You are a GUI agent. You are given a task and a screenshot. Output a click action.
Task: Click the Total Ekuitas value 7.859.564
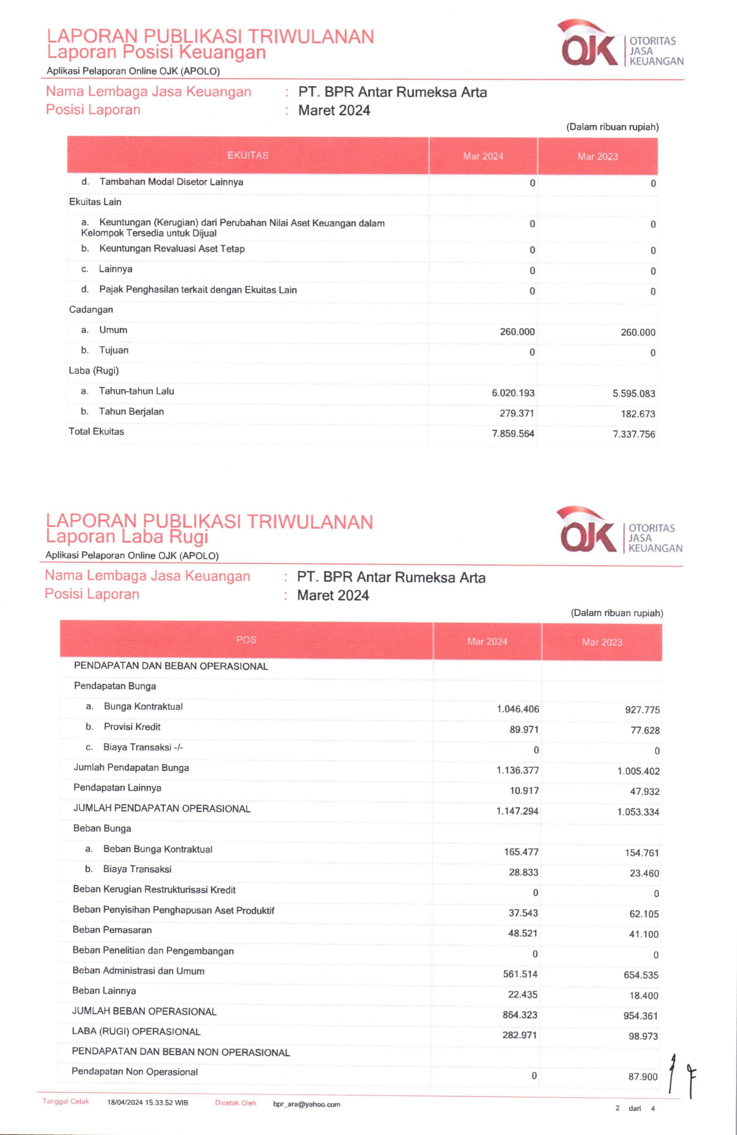(x=513, y=434)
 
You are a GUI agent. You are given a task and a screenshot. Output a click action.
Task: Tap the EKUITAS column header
(x=247, y=155)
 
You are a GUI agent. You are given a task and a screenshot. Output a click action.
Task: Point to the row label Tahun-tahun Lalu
(x=136, y=391)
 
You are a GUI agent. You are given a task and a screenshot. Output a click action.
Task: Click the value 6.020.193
(x=513, y=393)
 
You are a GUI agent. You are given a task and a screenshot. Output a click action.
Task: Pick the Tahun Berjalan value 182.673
(x=638, y=414)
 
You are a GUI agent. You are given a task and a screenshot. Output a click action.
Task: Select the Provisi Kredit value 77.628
(x=645, y=730)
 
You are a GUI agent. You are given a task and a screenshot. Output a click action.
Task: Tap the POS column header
(x=246, y=639)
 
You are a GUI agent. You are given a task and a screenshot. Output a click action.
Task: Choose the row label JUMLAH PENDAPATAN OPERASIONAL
(x=162, y=808)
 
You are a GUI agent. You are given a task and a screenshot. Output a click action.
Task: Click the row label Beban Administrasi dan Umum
(x=138, y=971)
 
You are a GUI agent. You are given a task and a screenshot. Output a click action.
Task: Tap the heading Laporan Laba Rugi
(x=127, y=536)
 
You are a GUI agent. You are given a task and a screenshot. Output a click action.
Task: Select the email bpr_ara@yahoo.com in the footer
(x=306, y=1104)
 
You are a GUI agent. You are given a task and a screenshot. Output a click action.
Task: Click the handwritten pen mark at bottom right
(x=682, y=1073)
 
